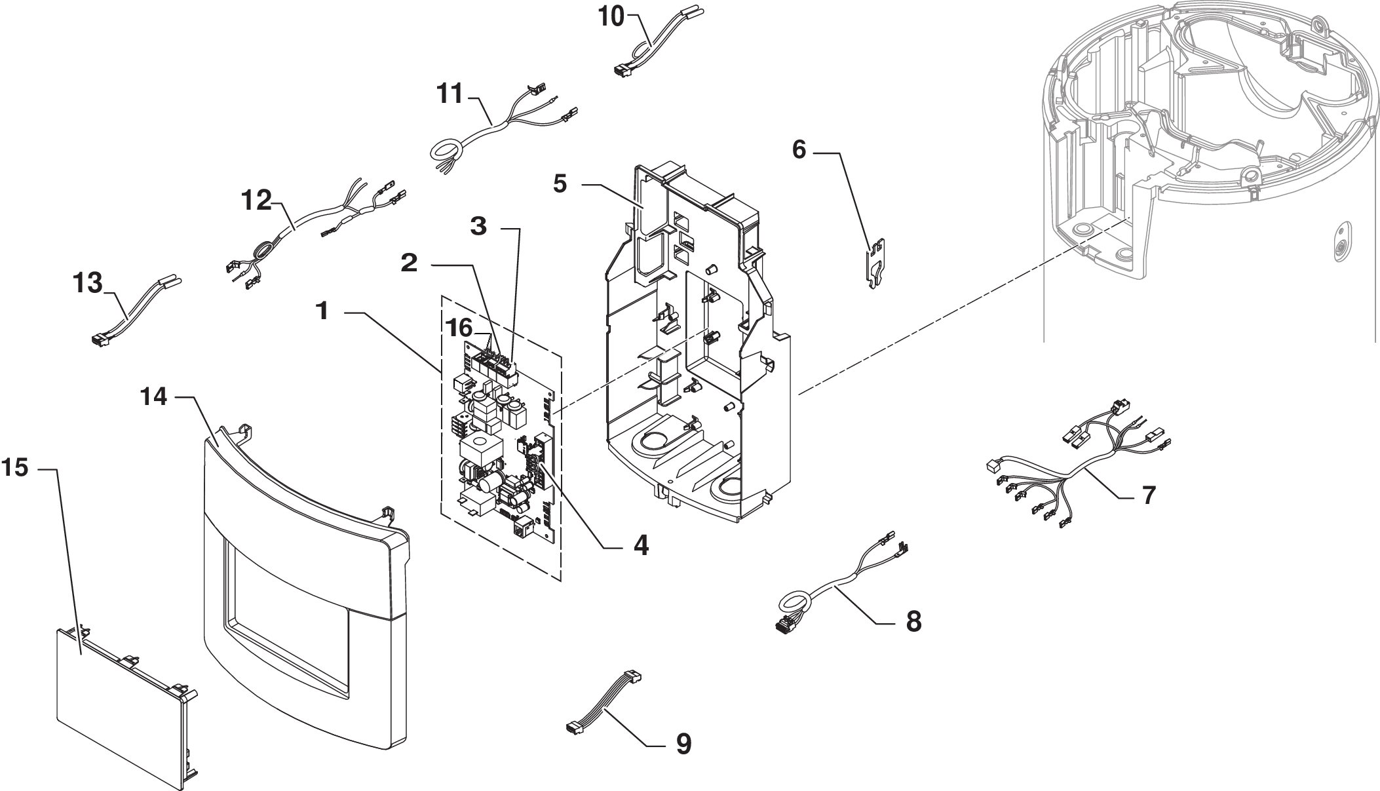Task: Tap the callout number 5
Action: pyautogui.click(x=560, y=185)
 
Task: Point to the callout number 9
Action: pyautogui.click(x=683, y=744)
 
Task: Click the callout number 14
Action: pyautogui.click(x=154, y=396)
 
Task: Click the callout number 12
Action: pyautogui.click(x=257, y=201)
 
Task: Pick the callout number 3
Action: pyautogui.click(x=479, y=227)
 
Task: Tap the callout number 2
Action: pyautogui.click(x=409, y=263)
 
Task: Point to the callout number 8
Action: pyautogui.click(x=913, y=621)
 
